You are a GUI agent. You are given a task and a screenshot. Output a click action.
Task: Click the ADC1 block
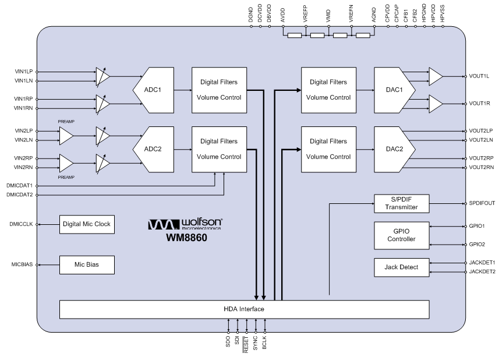point(153,90)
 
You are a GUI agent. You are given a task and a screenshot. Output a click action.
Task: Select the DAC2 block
point(395,149)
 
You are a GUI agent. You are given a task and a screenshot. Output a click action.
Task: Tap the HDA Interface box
point(244,309)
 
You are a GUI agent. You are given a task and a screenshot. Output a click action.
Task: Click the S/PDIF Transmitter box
point(402,203)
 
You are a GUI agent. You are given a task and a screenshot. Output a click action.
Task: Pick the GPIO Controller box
point(402,235)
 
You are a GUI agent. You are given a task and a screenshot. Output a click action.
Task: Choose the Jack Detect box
point(402,267)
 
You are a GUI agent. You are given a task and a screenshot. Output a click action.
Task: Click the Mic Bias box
point(87,265)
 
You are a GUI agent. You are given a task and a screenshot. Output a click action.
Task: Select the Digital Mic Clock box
point(87,224)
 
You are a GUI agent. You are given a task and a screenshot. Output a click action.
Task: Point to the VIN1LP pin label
point(23,72)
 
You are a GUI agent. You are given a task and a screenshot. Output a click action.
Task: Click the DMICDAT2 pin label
point(19,195)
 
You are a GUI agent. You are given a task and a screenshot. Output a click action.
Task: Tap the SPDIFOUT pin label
point(482,203)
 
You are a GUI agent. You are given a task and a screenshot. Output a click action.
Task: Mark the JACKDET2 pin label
point(482,271)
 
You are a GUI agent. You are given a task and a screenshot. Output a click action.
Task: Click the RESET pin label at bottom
point(246,345)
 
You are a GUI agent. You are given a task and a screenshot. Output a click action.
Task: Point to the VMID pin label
point(328,16)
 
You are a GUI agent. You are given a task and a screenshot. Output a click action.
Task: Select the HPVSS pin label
point(443,13)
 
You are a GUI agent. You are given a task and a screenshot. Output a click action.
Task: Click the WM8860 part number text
point(186,238)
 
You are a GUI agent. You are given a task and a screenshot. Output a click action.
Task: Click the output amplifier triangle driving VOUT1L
point(436,76)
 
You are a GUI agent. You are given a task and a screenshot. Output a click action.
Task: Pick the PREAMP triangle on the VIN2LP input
point(66,136)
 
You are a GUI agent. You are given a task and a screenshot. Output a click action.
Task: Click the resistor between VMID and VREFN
point(340,36)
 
